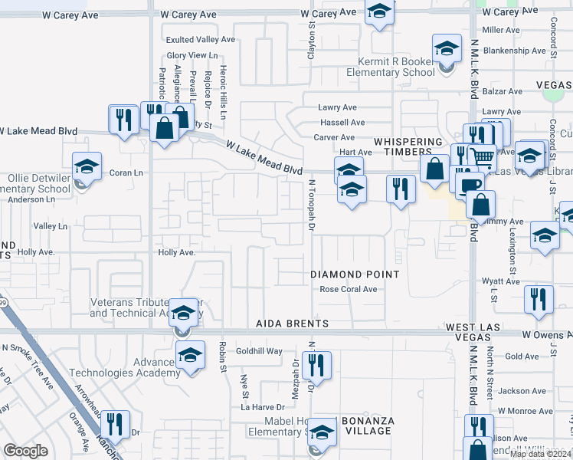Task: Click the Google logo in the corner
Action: pos(25,451)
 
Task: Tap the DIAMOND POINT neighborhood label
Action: pos(355,274)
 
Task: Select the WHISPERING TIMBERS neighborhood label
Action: pos(408,147)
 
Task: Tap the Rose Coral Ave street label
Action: pos(349,290)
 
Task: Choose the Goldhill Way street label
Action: pos(259,351)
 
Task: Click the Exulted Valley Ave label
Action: pos(201,39)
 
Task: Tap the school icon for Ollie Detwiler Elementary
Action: pos(87,166)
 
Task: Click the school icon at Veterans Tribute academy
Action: pos(183,313)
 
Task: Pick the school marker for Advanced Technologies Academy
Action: pos(191,355)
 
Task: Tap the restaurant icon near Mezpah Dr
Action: pos(316,364)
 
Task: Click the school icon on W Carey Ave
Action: pos(378,11)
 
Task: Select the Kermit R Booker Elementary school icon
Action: pos(446,50)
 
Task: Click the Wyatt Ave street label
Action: pos(502,281)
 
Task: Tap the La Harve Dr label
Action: pos(263,407)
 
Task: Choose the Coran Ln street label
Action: pos(126,172)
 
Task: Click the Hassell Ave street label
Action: pos(342,123)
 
